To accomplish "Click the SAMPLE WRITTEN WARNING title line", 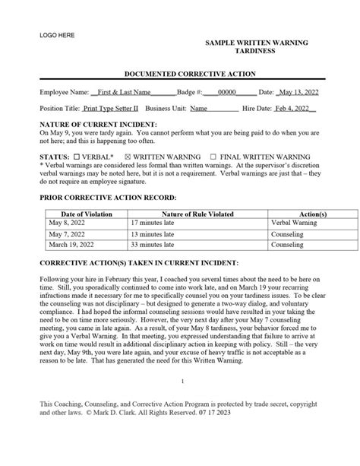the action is point(256,43).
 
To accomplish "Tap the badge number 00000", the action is point(226,91).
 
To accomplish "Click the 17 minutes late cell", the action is point(154,225).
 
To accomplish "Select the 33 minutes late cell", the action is point(154,246).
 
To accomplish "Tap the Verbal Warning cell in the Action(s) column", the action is point(293,225).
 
